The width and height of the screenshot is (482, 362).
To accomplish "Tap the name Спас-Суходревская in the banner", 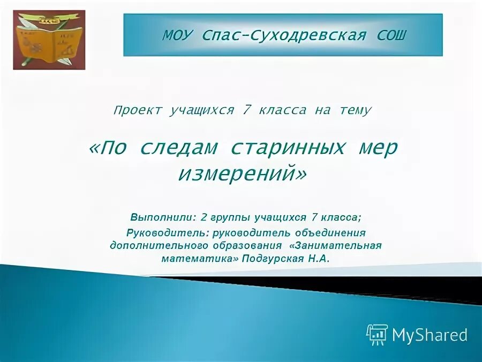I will [x=284, y=35].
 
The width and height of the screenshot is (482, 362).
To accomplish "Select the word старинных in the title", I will [x=287, y=148].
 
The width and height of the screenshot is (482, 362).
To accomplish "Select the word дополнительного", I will [x=152, y=245].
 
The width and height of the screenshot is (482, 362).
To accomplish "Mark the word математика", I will [x=199, y=258].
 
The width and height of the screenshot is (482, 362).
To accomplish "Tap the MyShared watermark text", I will [x=430, y=335].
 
